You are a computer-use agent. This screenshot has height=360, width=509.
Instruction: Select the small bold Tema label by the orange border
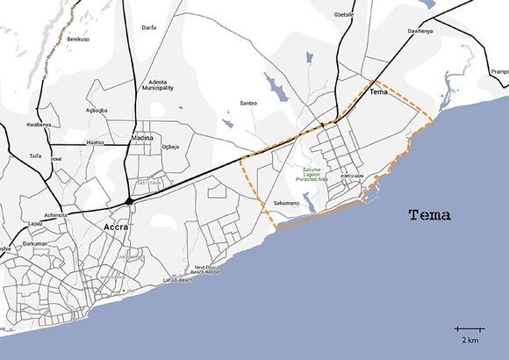pos(378,91)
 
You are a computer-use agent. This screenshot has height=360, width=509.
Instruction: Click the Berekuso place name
pos(79,40)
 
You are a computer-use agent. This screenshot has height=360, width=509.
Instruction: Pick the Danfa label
pos(149,28)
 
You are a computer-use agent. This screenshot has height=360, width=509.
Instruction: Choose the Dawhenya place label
pos(421,32)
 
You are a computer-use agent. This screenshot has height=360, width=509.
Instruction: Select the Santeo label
pos(248,104)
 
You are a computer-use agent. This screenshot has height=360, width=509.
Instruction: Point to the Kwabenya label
pos(39,125)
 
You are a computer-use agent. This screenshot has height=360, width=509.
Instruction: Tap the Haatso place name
pos(95,141)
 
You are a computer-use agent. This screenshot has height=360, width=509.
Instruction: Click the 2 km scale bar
pos(470,330)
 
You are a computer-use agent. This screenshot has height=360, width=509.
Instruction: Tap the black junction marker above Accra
pos(129,202)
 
